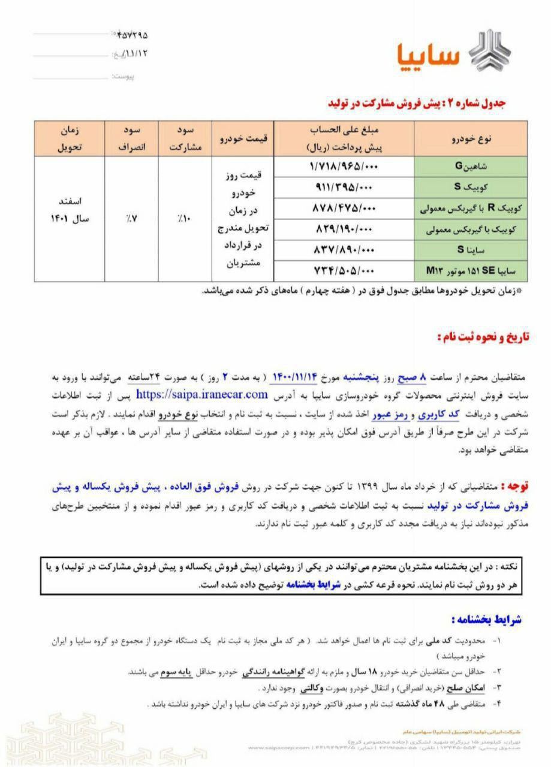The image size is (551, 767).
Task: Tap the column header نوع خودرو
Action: click(471, 138)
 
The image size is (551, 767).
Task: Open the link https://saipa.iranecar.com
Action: click(201, 394)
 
